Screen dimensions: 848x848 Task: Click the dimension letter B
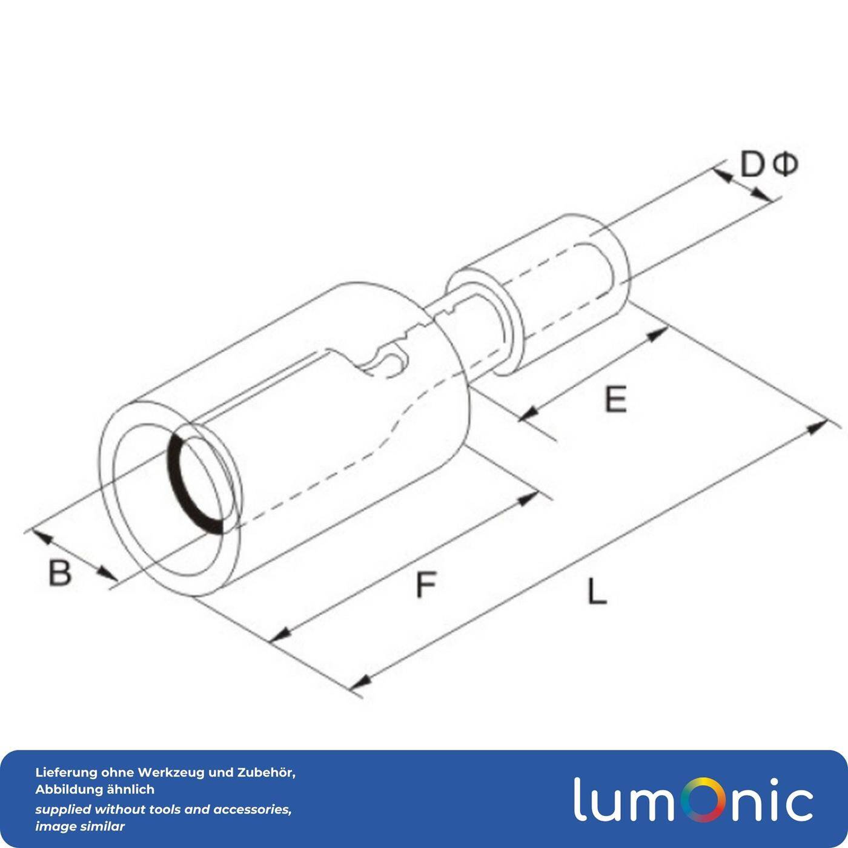click(x=59, y=572)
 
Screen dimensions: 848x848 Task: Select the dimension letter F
click(x=426, y=585)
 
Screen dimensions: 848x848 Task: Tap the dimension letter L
click(x=597, y=592)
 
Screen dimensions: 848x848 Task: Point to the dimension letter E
click(x=615, y=400)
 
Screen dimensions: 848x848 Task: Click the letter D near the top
click(x=752, y=165)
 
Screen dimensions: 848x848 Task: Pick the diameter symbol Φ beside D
click(x=786, y=164)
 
